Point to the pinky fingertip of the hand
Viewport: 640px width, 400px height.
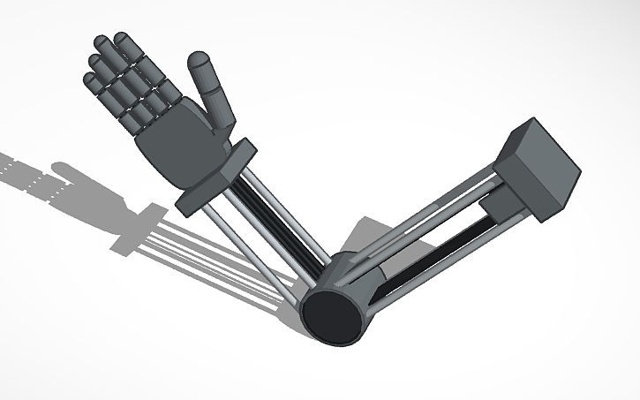tap(88, 80)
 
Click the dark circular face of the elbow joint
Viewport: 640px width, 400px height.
tap(334, 313)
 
